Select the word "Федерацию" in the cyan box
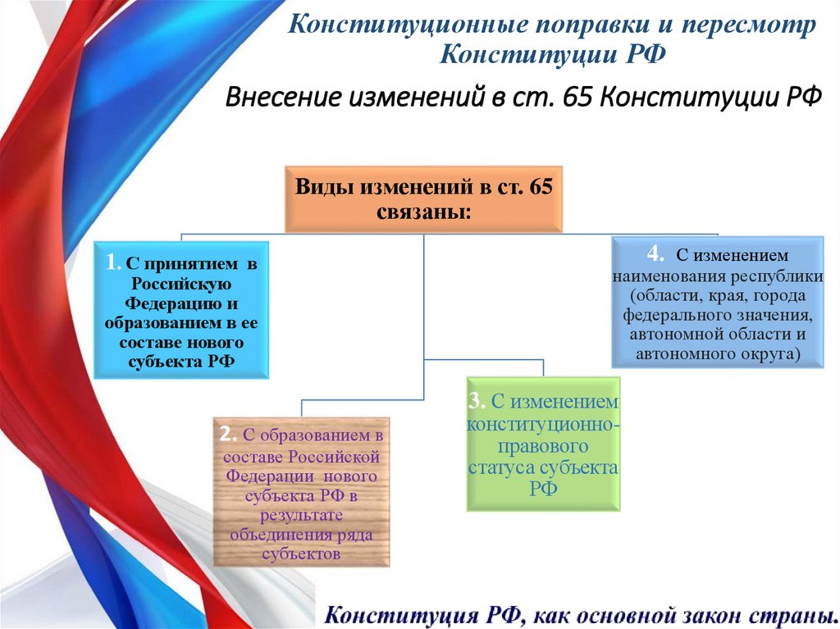click(x=181, y=302)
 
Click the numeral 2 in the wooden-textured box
click(x=227, y=434)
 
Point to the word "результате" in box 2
click(x=301, y=516)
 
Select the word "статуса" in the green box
click(x=505, y=467)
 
